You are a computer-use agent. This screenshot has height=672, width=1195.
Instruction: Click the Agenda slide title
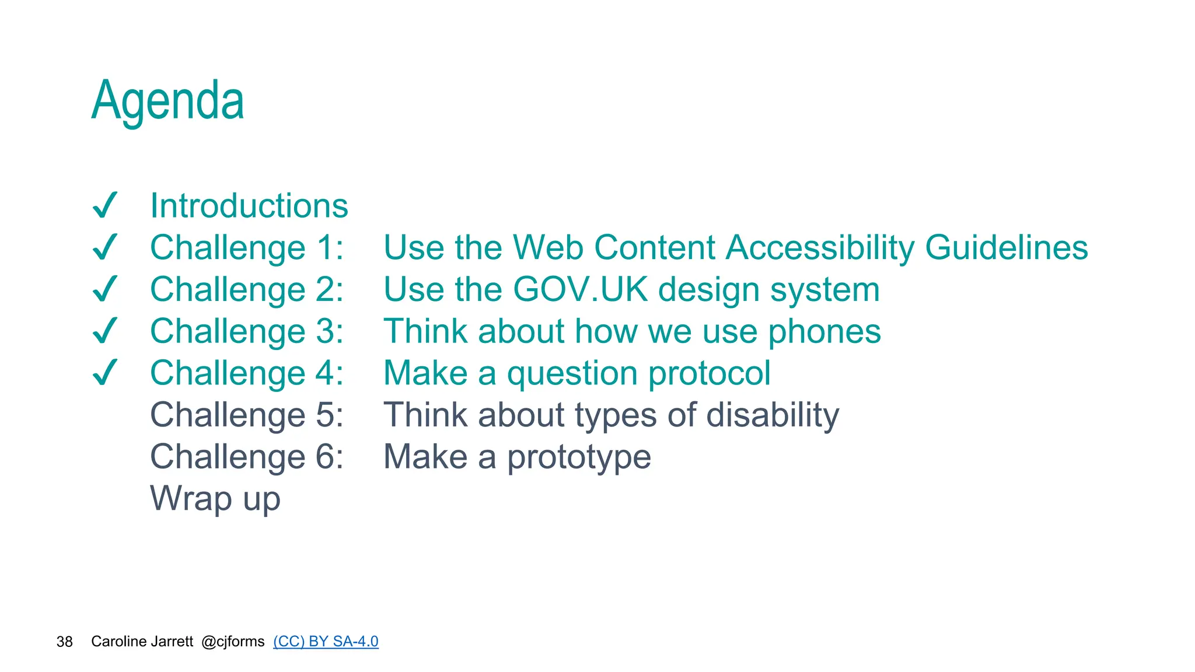tap(167, 100)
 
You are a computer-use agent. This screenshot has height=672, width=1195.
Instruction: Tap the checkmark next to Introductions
tap(106, 205)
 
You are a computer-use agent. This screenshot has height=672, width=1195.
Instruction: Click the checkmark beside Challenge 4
tap(106, 373)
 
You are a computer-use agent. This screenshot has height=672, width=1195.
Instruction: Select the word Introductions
tap(249, 205)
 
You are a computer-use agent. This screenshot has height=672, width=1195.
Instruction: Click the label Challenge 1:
tap(247, 247)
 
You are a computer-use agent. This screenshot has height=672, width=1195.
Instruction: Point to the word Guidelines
tap(1007, 247)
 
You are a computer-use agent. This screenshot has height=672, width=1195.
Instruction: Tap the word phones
tap(824, 331)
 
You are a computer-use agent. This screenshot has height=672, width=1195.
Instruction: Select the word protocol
tap(709, 373)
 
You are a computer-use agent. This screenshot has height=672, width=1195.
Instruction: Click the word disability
tap(773, 415)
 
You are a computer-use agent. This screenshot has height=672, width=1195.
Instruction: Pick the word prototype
tap(578, 457)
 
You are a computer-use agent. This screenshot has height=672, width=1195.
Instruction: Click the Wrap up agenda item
tap(215, 499)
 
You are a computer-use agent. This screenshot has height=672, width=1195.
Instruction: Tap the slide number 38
tap(64, 642)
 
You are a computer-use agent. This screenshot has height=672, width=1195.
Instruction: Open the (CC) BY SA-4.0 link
tap(326, 642)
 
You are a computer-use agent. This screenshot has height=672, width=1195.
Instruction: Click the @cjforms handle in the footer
tap(233, 642)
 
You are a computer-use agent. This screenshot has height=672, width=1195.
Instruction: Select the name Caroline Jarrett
tap(142, 642)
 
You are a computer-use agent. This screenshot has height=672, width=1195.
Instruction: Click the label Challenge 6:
tap(247, 457)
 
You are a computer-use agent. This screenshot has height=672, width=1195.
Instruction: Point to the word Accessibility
tap(820, 247)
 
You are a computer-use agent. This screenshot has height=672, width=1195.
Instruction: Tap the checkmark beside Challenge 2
tap(106, 289)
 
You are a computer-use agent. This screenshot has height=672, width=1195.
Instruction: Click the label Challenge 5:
tap(247, 415)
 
